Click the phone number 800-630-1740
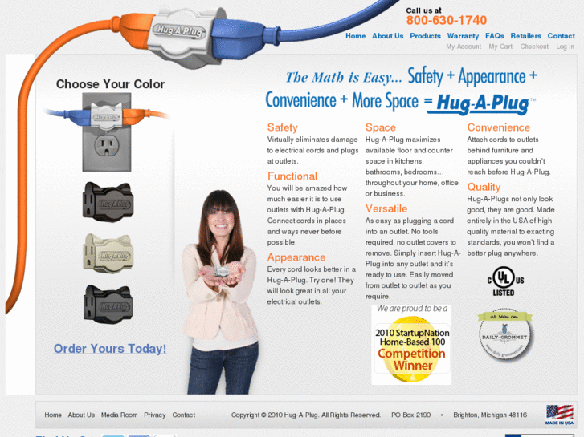click(446, 21)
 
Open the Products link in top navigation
click(425, 36)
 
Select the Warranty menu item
click(463, 36)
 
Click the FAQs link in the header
click(494, 36)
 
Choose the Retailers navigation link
click(525, 36)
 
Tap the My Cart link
click(500, 47)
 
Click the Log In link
click(565, 47)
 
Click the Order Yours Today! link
click(110, 349)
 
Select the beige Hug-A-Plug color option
click(108, 253)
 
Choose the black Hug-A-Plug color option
click(108, 303)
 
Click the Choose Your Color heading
click(110, 84)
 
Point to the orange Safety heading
click(282, 127)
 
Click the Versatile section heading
click(386, 208)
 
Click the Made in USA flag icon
click(558, 414)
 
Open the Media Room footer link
click(119, 415)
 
